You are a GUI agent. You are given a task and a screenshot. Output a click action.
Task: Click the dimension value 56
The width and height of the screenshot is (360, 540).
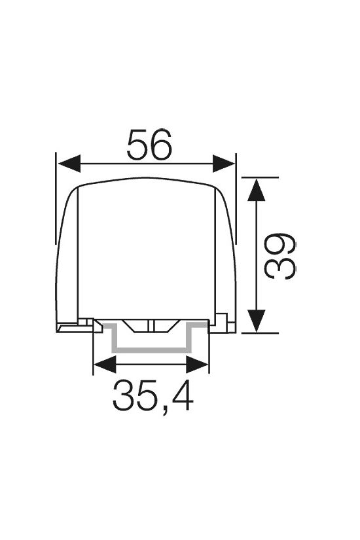(x=149, y=145)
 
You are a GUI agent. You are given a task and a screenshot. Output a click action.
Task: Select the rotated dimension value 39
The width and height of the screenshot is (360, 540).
(x=279, y=255)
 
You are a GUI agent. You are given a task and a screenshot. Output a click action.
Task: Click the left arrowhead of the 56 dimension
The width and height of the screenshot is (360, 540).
(x=69, y=163)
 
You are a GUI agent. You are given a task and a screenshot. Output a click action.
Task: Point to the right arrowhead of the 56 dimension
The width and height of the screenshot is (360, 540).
(x=224, y=163)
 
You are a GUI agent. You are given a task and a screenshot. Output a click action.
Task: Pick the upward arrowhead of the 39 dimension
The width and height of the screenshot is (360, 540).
(x=257, y=189)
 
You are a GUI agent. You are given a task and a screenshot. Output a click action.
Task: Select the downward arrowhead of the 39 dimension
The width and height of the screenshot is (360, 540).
(x=257, y=321)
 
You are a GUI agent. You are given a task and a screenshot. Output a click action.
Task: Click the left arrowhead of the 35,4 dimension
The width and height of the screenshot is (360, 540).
(x=105, y=365)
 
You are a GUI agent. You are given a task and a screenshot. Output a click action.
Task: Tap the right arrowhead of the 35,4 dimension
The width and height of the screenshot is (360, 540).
(x=198, y=365)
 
